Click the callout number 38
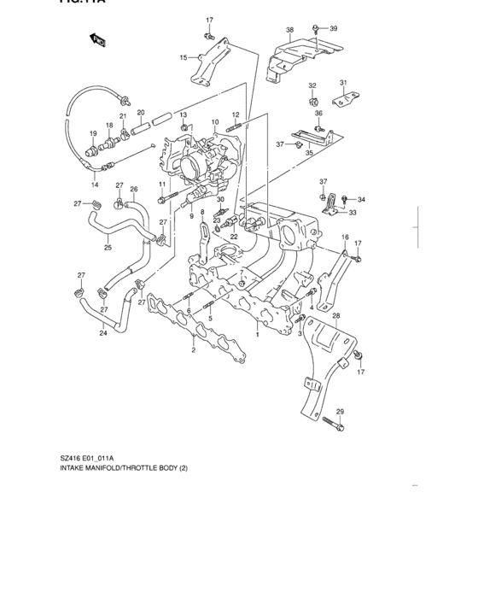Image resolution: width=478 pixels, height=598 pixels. point(289,30)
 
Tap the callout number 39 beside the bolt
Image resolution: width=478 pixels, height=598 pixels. point(333,28)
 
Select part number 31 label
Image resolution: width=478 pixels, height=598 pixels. point(344,83)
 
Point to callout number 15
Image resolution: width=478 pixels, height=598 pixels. point(183,57)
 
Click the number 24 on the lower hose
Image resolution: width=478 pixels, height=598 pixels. point(103,333)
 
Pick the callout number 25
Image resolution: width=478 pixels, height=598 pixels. point(108,249)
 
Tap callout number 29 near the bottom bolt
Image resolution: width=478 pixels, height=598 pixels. point(340,412)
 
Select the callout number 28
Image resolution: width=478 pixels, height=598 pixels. point(336,316)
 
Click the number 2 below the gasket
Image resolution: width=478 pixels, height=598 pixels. point(194,350)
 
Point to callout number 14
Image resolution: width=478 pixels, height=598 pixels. point(95,185)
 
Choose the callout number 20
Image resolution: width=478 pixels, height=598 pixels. point(141,113)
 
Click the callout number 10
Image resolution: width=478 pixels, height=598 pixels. point(215,122)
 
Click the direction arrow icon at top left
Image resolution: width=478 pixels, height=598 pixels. point(97,38)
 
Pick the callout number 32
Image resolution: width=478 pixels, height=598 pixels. point(312,86)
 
